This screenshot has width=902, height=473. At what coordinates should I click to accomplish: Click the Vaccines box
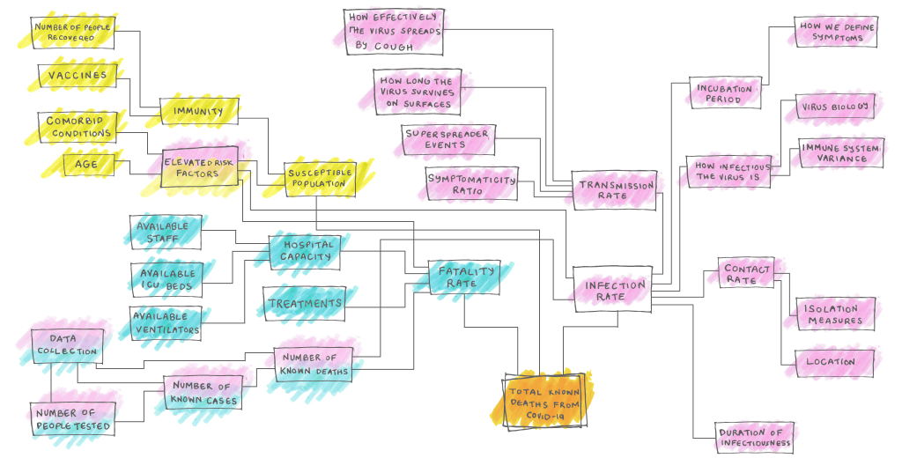pos(78,76)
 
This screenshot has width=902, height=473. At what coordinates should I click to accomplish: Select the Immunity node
pos(198,111)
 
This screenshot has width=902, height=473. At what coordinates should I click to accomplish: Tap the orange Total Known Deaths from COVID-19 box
pos(544,401)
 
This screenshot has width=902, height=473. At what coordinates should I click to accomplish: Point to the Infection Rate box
pos(612,290)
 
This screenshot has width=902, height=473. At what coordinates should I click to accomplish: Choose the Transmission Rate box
pos(614,190)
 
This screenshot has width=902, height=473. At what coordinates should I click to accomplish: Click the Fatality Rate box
pos(464,277)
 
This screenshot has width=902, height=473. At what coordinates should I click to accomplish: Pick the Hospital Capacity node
pos(305,252)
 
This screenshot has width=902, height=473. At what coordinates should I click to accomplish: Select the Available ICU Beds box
pos(166,279)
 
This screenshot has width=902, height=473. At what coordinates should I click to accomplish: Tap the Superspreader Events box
pos(448,140)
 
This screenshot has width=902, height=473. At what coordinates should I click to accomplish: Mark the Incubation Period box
pos(726,93)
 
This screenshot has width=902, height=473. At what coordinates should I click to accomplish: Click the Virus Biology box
pos(835,107)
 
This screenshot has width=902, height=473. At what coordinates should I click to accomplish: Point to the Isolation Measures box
pos(835,314)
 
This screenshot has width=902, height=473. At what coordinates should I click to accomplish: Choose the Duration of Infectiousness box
pos(755,437)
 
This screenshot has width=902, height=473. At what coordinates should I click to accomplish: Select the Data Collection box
pos(67,346)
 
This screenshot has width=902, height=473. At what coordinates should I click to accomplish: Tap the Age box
pos(88,165)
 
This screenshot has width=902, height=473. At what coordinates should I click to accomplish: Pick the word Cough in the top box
pos(394,47)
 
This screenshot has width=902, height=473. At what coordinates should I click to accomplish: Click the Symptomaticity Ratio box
pos(471,184)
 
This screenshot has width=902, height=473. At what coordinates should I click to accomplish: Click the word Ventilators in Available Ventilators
pos(167,330)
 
